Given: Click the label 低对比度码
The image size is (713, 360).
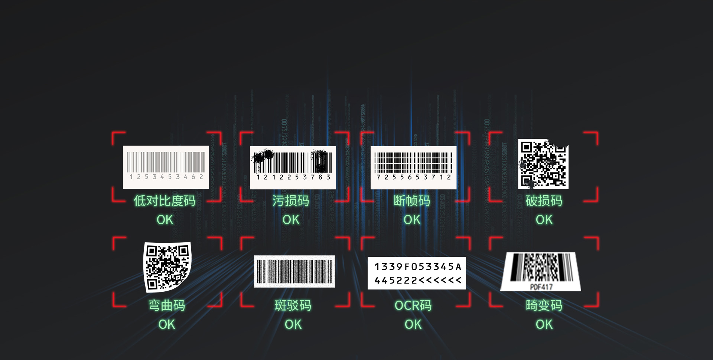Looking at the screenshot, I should click(x=165, y=201).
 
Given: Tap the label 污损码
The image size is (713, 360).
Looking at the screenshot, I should click(x=290, y=201).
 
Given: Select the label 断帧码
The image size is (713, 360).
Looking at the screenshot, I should click(x=412, y=201).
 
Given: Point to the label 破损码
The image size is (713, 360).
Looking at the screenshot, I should click(x=544, y=201).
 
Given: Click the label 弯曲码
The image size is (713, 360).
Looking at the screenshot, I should click(x=167, y=305).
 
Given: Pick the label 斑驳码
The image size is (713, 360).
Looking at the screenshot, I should click(x=293, y=305).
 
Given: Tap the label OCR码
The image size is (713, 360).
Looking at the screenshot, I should click(x=413, y=305).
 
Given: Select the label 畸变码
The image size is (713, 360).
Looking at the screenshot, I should click(x=544, y=305).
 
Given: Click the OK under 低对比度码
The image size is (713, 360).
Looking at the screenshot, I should click(x=165, y=220).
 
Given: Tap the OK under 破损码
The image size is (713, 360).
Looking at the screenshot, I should click(x=544, y=220).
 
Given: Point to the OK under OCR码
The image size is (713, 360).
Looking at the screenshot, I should click(x=413, y=324).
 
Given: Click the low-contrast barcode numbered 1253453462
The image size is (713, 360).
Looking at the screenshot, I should click(x=166, y=167).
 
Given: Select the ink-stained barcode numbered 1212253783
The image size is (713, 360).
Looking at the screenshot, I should click(x=293, y=167).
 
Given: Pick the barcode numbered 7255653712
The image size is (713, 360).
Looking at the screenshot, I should click(x=413, y=167).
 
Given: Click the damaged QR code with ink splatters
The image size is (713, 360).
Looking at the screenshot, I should click(x=543, y=164).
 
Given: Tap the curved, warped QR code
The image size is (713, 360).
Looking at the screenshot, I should click(x=167, y=266).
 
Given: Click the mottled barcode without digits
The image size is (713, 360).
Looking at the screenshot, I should click(x=294, y=271).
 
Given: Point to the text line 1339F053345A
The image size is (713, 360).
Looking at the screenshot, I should click(x=418, y=267).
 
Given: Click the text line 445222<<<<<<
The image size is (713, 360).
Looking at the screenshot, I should click(x=418, y=281).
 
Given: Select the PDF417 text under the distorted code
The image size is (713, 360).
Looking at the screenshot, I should click(x=541, y=287).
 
